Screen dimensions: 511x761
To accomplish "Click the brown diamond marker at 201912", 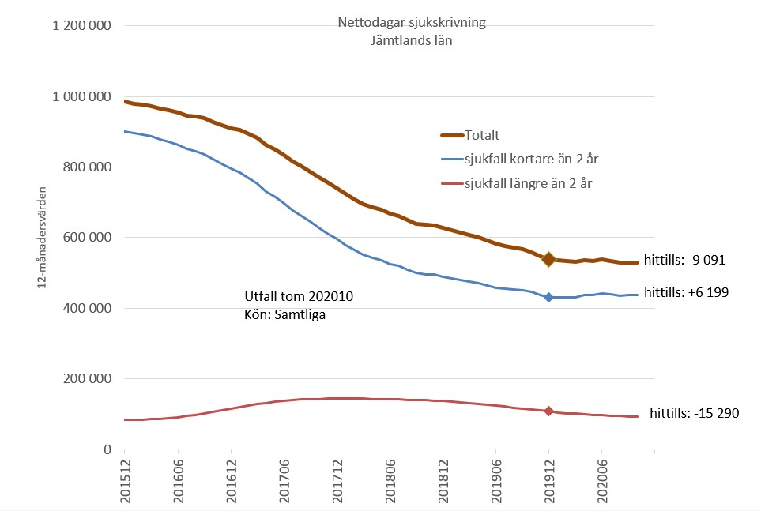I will click(x=548, y=259).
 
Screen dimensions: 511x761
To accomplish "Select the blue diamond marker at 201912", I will click(x=548, y=297).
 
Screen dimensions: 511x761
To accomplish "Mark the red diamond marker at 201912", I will click(x=548, y=411).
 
